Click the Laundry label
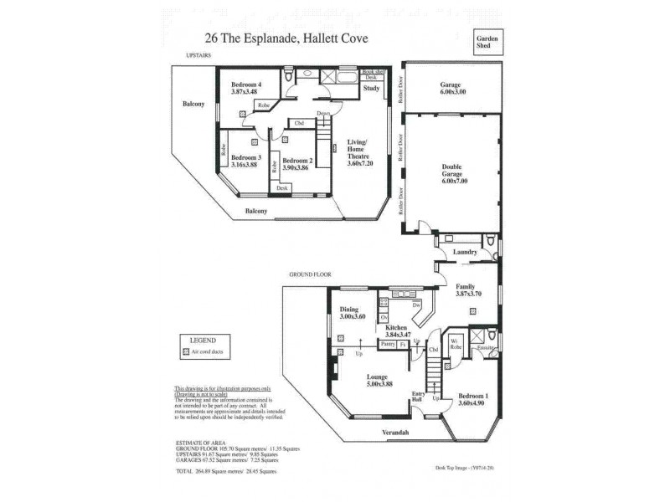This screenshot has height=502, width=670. click(x=465, y=252)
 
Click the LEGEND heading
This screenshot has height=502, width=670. click(x=204, y=341)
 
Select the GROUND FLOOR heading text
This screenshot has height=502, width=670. click(x=311, y=274)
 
